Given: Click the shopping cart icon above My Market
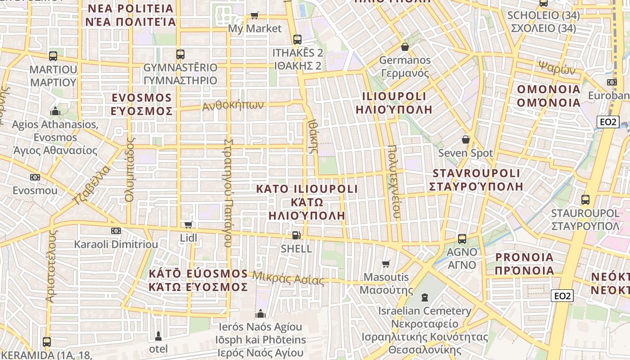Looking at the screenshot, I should click(x=254, y=15).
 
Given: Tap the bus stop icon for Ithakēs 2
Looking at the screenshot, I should click(x=297, y=40).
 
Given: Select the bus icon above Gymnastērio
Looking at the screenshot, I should click(x=180, y=54).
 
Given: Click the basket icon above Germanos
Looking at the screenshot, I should click(x=405, y=47).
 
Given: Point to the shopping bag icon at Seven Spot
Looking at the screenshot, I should click(x=465, y=139).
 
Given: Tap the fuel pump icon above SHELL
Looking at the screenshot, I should click(x=296, y=235).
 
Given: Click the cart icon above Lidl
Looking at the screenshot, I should click(x=188, y=225).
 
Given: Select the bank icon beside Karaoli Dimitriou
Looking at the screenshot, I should click(x=116, y=231).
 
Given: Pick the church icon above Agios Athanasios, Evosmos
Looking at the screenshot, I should click(x=55, y=111).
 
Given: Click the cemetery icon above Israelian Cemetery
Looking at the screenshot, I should click(x=424, y=297).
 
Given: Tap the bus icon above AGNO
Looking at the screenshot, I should click(x=462, y=239).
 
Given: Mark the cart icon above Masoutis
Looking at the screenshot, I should click(x=386, y=264).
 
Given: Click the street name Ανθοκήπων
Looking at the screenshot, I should click(x=233, y=106).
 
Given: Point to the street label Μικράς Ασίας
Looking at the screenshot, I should click(x=288, y=279).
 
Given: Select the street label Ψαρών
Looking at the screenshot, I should click(x=557, y=67).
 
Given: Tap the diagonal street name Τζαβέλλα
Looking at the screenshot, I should click(x=91, y=185).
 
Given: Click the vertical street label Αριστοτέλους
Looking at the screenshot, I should click(x=51, y=265).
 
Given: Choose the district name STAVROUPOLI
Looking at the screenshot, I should click(x=476, y=173).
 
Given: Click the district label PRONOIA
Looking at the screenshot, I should click(x=524, y=257).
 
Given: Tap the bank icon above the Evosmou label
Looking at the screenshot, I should click(x=35, y=177).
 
